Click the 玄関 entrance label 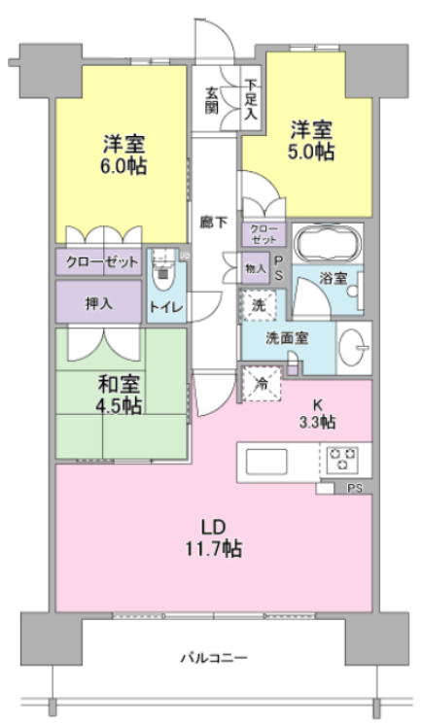(212, 100)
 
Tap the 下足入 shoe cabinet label (251, 99)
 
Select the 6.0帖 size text (123, 166)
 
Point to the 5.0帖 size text (311, 152)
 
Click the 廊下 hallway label (214, 223)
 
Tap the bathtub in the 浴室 (328, 242)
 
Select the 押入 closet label (98, 304)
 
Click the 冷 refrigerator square (262, 384)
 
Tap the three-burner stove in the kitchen (343, 460)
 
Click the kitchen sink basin (265, 461)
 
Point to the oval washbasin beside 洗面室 (353, 347)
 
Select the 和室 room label (119, 384)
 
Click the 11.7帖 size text (214, 549)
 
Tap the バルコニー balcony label (214, 657)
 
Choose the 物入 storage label (255, 268)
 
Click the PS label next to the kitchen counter (355, 488)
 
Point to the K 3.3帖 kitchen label (317, 414)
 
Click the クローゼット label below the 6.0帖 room (102, 262)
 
